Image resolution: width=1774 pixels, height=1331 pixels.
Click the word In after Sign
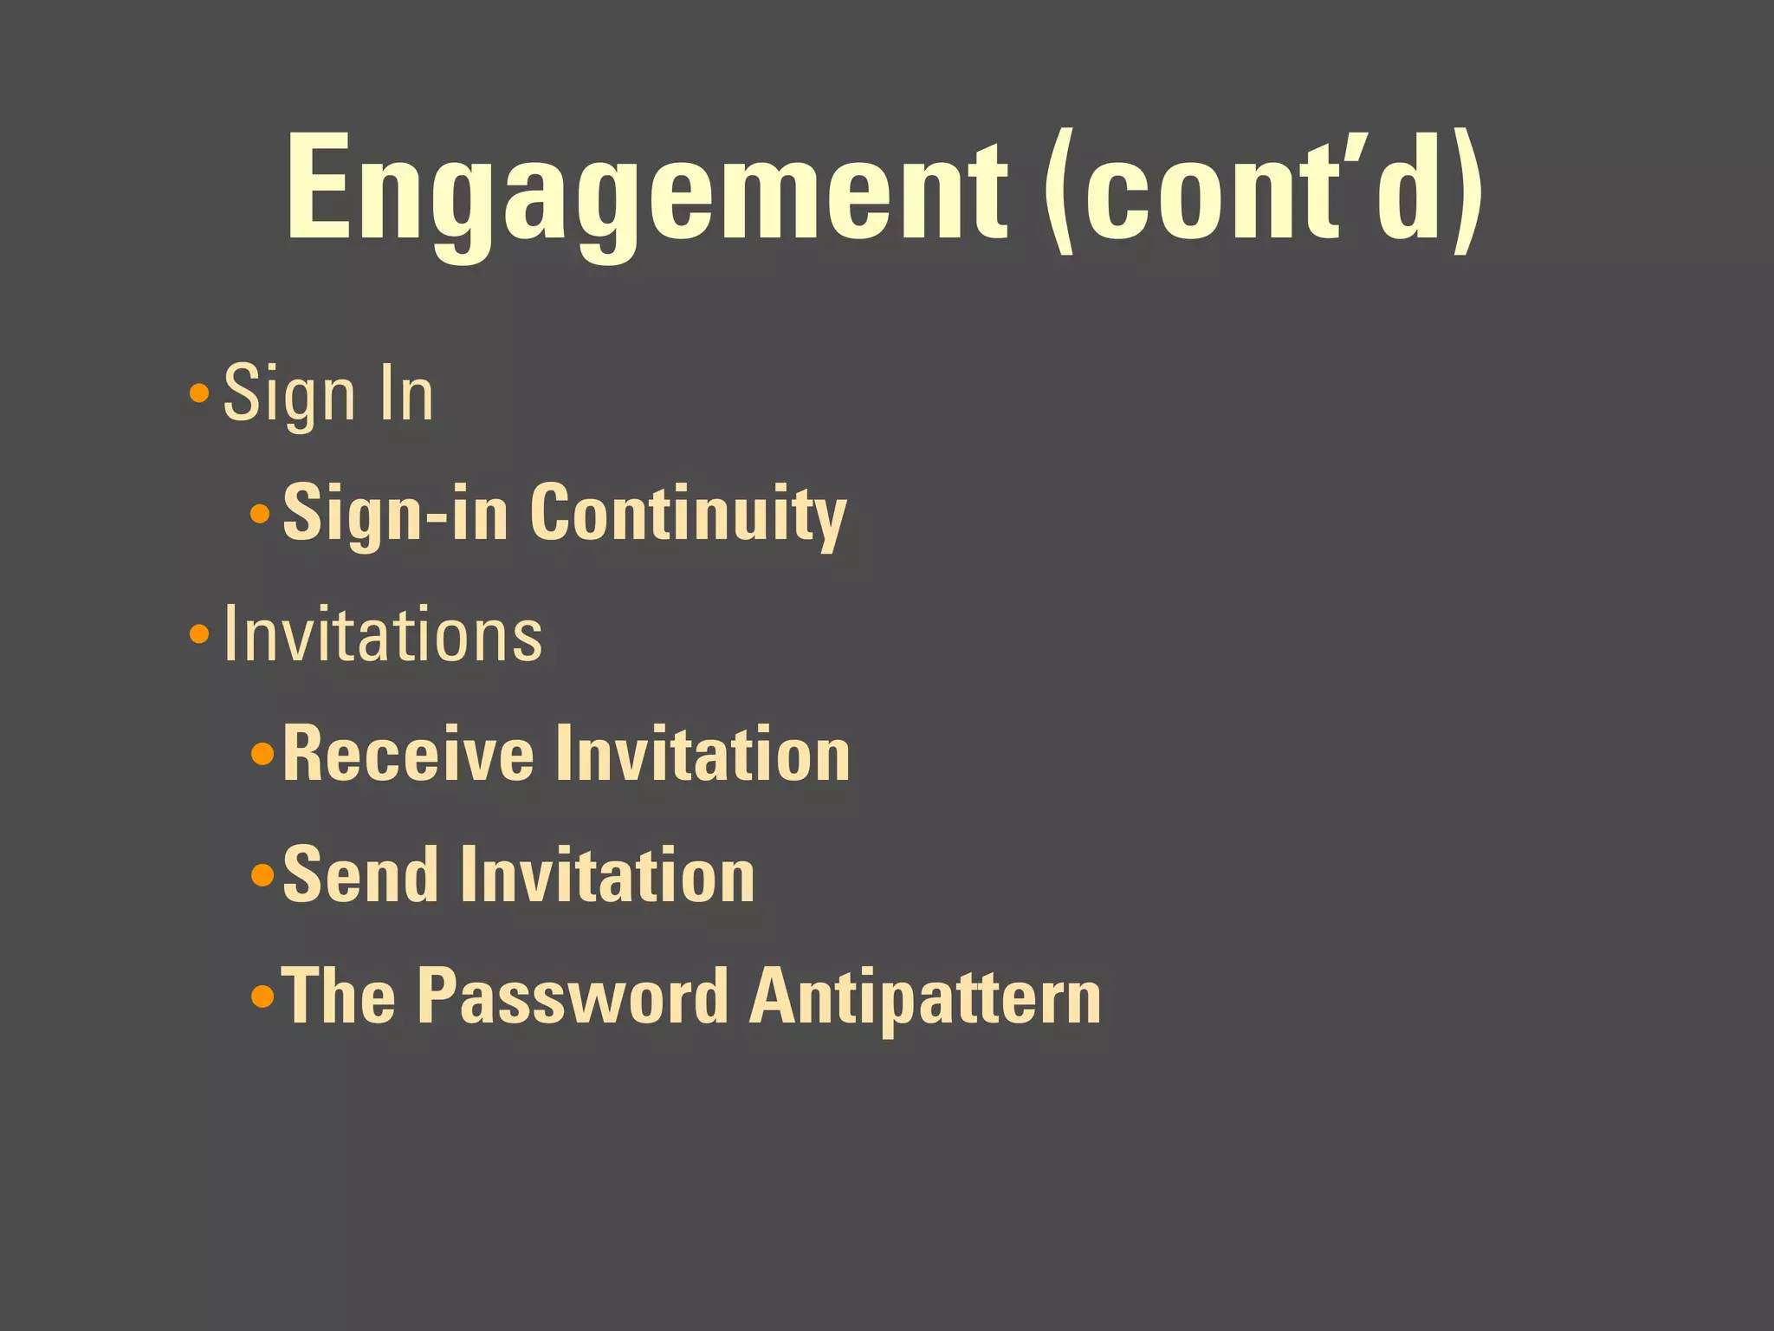tap(406, 394)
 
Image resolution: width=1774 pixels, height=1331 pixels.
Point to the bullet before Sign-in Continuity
tap(260, 515)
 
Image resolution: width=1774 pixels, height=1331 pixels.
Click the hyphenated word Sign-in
tap(395, 515)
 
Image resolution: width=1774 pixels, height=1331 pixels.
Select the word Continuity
tap(688, 515)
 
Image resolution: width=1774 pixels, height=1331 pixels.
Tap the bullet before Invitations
tap(199, 635)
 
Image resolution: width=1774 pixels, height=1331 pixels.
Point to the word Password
tap(573, 997)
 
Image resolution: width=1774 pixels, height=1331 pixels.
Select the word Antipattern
tap(925, 997)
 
